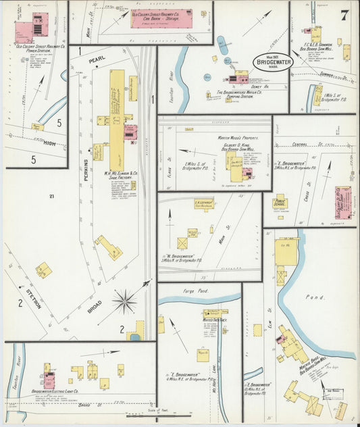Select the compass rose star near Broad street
(124, 300)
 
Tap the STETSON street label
(33, 298)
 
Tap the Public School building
(280, 201)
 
